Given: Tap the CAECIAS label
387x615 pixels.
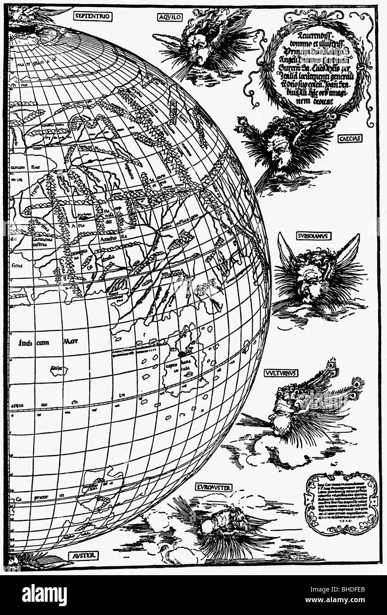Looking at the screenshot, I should (350, 138).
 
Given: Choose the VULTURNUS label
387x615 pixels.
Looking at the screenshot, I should (281, 373).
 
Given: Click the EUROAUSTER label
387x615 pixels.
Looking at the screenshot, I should (214, 488).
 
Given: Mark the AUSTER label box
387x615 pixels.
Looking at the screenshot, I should (84, 555).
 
